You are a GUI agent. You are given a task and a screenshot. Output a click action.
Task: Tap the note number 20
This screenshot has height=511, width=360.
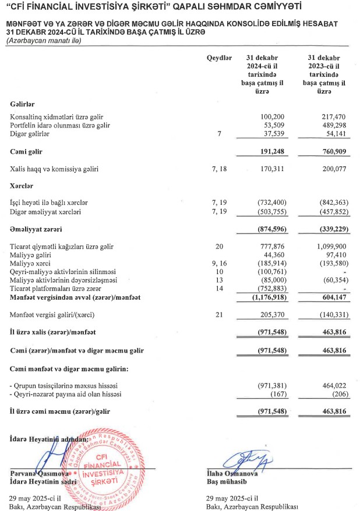coord(219,246)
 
